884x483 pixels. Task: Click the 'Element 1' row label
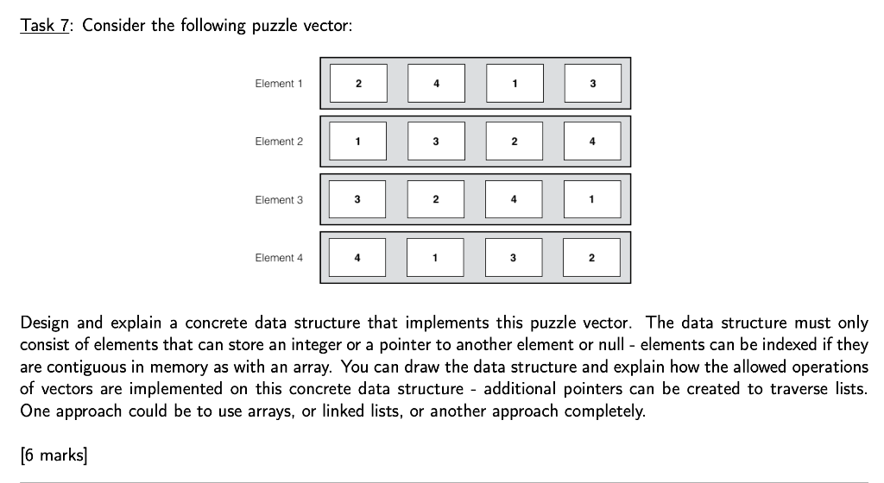pos(279,84)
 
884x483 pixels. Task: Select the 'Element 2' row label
pos(279,141)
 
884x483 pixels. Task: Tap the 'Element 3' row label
pos(279,200)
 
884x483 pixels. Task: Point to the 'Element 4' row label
pos(279,258)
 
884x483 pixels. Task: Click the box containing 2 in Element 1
pos(358,84)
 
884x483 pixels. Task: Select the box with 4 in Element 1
pos(436,84)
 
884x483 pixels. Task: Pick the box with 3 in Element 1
pos(592,84)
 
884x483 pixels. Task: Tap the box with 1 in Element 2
pos(358,141)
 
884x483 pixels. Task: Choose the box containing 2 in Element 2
pos(515,141)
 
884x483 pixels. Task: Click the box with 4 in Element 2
pos(592,141)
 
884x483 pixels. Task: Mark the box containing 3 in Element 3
pos(358,200)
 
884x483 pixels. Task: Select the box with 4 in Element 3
pos(515,200)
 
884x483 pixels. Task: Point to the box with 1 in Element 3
pos(592,200)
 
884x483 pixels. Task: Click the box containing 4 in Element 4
pos(358,258)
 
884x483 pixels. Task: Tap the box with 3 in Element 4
pos(515,258)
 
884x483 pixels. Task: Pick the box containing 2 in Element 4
pos(592,258)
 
